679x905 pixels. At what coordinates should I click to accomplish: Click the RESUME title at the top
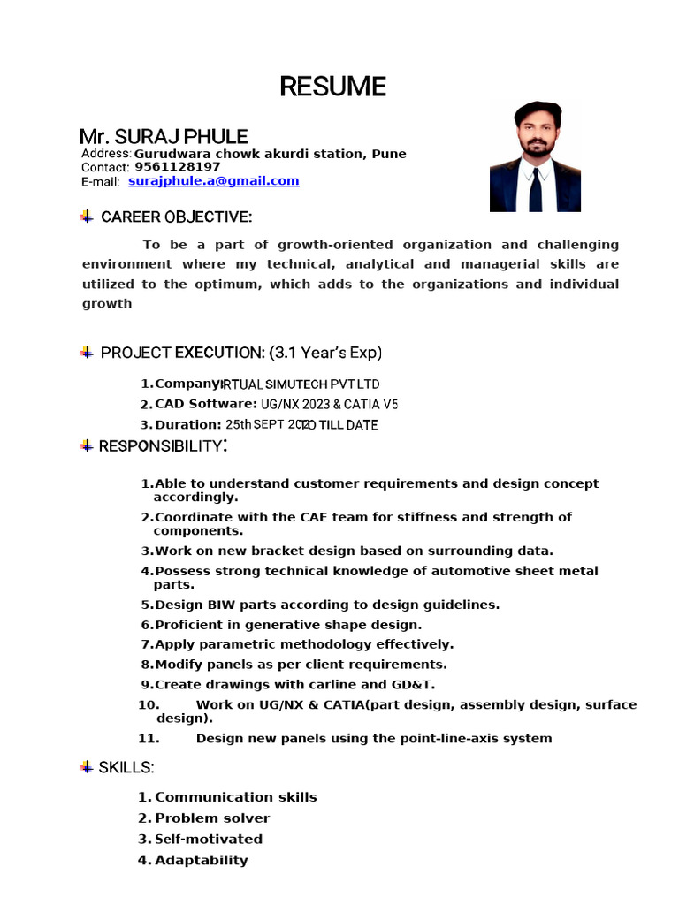[333, 87]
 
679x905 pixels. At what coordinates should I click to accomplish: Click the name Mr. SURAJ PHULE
[164, 137]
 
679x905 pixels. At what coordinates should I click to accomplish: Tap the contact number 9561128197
[177, 167]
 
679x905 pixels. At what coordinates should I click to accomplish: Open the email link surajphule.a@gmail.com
[213, 181]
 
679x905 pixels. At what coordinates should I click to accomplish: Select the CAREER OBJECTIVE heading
[176, 217]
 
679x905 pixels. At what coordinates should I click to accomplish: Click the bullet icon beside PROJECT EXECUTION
[87, 353]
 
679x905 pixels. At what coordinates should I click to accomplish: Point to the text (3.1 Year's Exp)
[325, 354]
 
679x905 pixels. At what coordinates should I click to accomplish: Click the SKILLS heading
[126, 767]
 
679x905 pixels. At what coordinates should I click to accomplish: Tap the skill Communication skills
[235, 797]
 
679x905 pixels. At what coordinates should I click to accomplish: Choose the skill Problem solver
[212, 818]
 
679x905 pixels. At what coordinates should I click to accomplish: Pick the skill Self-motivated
[209, 840]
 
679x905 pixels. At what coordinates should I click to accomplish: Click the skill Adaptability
[202, 861]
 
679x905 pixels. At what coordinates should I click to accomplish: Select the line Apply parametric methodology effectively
[303, 644]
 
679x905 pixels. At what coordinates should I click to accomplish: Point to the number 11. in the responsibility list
[149, 739]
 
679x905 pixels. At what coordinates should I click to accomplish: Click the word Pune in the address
[389, 154]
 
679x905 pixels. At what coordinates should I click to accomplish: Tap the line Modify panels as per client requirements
[301, 665]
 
